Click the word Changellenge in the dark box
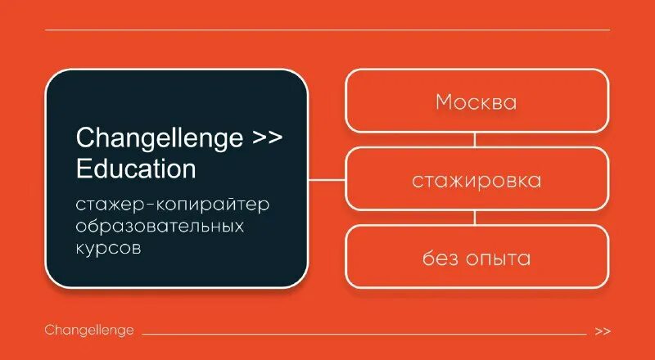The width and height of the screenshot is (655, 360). click(159, 137)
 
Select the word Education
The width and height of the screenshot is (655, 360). click(136, 169)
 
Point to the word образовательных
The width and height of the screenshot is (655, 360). click(160, 224)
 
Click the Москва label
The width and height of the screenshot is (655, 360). click(476, 102)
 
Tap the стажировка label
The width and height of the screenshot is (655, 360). click(477, 181)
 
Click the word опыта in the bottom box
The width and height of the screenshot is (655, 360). click(500, 259)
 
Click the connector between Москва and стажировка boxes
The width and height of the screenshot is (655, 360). click(476, 140)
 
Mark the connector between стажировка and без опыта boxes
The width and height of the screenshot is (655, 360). click(476, 218)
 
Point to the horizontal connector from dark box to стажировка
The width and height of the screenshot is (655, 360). click(326, 179)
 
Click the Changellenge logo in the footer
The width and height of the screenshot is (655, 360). click(89, 331)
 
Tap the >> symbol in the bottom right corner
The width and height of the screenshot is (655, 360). click(603, 331)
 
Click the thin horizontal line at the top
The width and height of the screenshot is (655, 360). click(327, 30)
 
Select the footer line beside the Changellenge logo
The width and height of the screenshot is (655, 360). click(364, 334)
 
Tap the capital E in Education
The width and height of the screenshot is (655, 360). click(82, 169)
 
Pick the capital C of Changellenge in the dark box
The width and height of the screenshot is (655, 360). click(83, 137)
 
